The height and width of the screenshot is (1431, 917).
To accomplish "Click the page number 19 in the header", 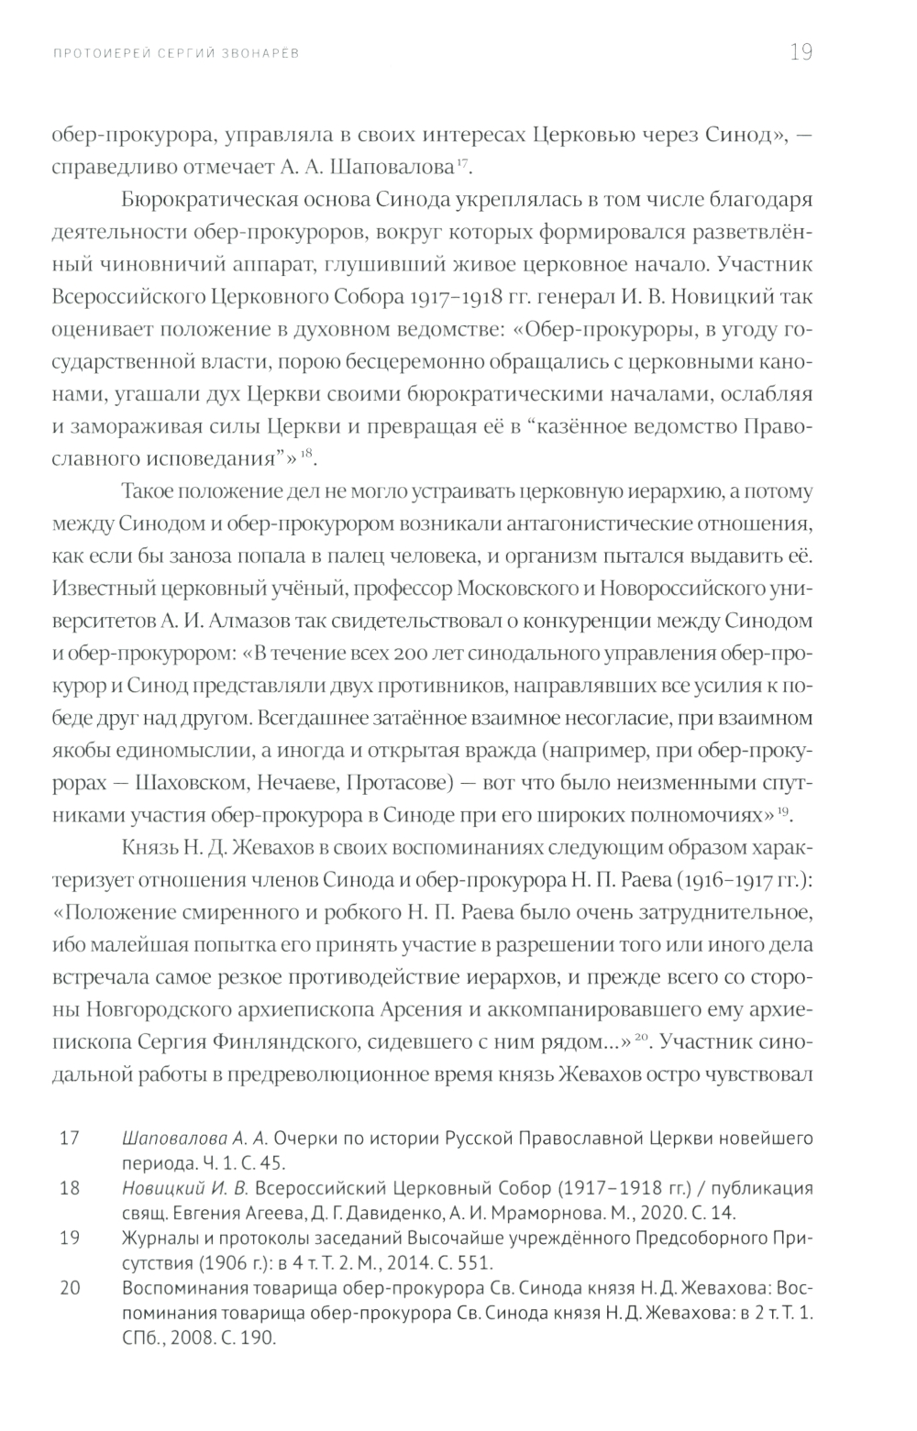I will (801, 52).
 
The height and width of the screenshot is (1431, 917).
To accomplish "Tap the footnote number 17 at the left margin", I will (70, 1139).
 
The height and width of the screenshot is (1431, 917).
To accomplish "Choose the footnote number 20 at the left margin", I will (70, 1289).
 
